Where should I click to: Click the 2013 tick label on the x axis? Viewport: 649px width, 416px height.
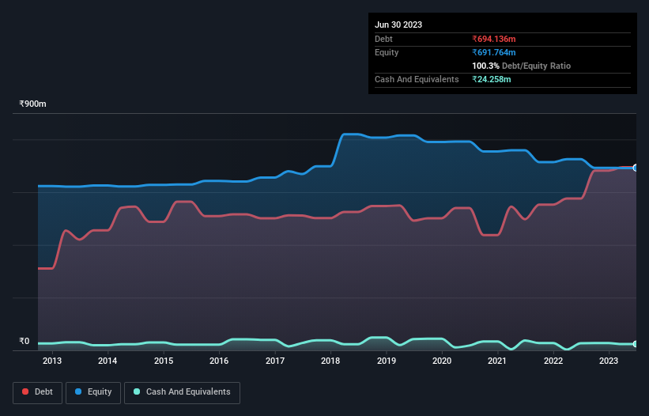pos(52,361)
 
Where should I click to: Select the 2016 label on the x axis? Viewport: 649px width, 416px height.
pos(219,361)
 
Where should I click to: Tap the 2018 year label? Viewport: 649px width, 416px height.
pos(330,361)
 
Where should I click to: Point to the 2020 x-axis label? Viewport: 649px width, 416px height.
pos(442,361)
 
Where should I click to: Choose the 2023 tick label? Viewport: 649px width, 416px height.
pos(609,361)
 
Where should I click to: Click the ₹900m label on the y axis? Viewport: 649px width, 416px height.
pos(33,104)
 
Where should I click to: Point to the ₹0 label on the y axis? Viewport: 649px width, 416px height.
pos(25,342)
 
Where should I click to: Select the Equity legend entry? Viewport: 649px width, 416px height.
pos(93,391)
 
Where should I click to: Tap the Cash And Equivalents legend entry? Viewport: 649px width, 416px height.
pos(182,391)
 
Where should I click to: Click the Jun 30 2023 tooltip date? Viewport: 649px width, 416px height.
pos(398,25)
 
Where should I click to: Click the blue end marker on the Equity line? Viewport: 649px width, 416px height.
pos(636,168)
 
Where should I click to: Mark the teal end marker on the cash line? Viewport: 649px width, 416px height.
pos(636,344)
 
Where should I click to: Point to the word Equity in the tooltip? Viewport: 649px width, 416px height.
pos(387,52)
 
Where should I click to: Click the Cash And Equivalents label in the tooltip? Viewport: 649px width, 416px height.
pos(417,79)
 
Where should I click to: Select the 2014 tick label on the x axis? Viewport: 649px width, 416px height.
pos(108,361)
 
